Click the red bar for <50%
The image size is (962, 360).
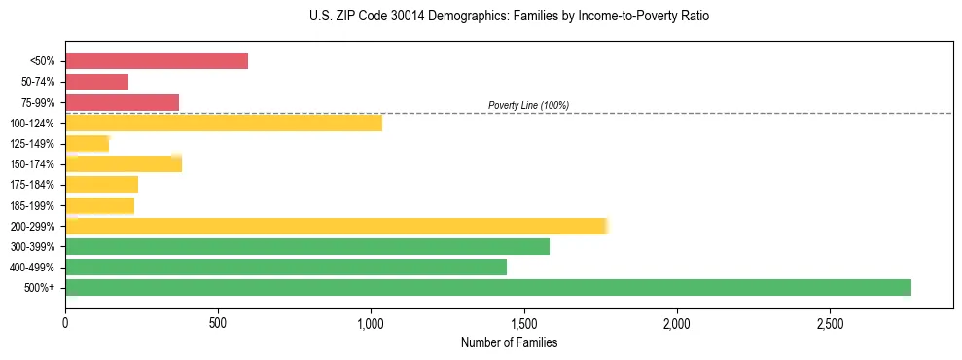pos(157,61)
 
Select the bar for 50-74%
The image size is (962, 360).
pos(97,82)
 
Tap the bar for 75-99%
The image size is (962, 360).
pos(123,102)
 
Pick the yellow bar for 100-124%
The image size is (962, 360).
pos(224,123)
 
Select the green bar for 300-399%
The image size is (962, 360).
pos(307,246)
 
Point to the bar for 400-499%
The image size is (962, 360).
pos(286,267)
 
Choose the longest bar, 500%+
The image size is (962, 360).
pos(488,287)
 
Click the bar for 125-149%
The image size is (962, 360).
pos(88,144)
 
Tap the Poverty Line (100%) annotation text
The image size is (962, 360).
pos(528,105)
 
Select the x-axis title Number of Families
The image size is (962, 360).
pos(510,342)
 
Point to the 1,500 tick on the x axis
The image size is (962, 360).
pos(523,322)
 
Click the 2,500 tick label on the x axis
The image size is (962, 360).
pos(830,322)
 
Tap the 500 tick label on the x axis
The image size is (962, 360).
pos(218,322)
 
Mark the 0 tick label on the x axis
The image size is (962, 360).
pos(65,322)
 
